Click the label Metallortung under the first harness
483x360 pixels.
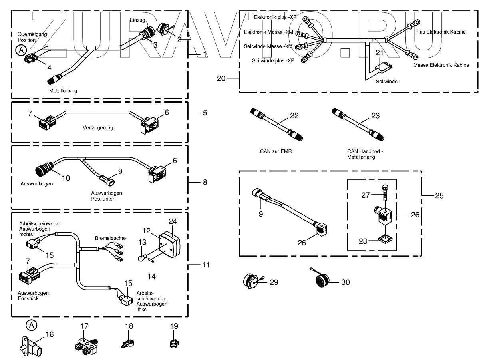[x=63, y=91]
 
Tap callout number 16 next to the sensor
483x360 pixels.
[x=49, y=334]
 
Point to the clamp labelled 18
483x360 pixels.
[x=127, y=343]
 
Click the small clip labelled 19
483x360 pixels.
[x=173, y=343]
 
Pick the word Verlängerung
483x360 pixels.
[x=98, y=128]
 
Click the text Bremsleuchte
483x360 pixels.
[x=110, y=238]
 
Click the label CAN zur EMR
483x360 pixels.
[x=276, y=152]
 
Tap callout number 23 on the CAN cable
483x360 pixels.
[x=375, y=116]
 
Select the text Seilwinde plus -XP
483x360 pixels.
[x=273, y=60]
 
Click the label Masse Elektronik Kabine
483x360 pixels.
[x=441, y=65]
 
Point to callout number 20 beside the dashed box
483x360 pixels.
[x=221, y=78]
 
